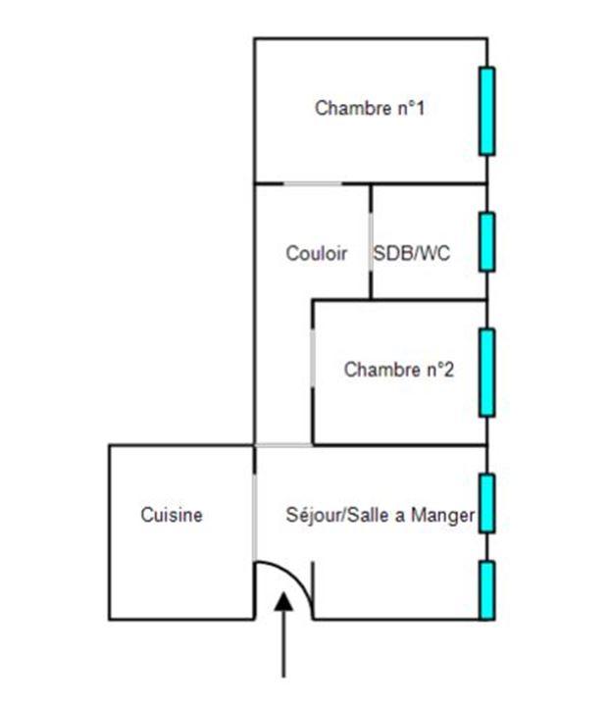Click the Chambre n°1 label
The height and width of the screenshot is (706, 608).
tap(369, 108)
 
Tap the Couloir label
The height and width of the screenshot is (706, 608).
tap(316, 253)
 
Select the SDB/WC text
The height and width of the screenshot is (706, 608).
tap(412, 253)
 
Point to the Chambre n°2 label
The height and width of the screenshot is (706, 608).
tap(399, 370)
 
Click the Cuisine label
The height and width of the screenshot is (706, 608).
tap(172, 514)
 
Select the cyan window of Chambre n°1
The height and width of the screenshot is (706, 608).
tap(486, 111)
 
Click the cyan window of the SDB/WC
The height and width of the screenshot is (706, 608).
tap(486, 241)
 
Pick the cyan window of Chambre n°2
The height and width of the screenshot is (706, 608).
tap(486, 373)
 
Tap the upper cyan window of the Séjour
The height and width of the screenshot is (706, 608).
tap(486, 503)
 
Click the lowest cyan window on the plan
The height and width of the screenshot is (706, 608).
tap(486, 590)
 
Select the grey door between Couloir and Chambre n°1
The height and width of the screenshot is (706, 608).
tap(313, 183)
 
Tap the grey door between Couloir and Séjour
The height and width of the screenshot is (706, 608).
tap(283, 445)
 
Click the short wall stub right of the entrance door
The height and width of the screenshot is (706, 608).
tap(313, 590)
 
